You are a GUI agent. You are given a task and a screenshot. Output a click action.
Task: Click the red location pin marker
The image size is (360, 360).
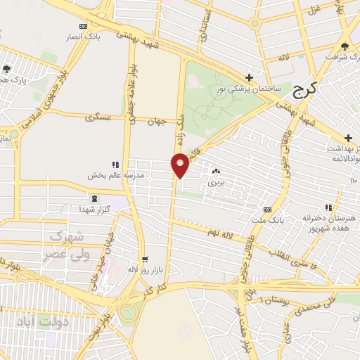pyautogui.click(x=181, y=165)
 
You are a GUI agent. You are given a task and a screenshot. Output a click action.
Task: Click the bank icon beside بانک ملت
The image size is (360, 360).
pyautogui.click(x=267, y=210)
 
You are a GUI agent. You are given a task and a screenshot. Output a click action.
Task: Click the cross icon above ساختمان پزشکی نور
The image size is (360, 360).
pyautogui.click(x=249, y=77)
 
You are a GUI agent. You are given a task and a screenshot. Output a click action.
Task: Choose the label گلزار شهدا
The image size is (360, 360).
pyautogui.click(x=92, y=210)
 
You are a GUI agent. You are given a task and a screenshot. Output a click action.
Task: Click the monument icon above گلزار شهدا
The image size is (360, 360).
pyautogui.click(x=94, y=198)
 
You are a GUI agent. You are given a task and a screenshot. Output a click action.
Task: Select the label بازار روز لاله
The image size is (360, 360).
pyautogui.click(x=141, y=269)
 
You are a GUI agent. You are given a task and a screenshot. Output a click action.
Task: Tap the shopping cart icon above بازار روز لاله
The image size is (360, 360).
pyautogui.click(x=145, y=259)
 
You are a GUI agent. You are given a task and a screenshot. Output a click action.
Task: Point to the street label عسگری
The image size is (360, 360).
pyautogui.click(x=98, y=117)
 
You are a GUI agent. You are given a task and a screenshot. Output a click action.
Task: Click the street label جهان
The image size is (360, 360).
pyautogui.click(x=157, y=122)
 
